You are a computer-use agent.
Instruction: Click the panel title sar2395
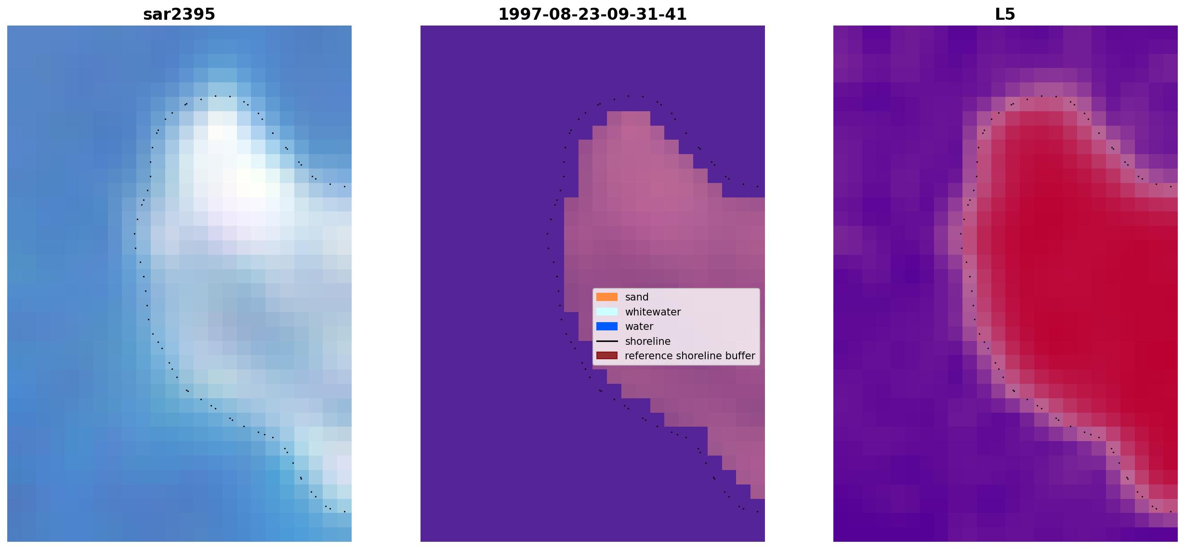(179, 14)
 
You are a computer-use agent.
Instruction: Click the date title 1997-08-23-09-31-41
(592, 14)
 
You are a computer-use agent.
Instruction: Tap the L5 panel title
(1005, 14)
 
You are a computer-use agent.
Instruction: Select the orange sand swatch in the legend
(607, 297)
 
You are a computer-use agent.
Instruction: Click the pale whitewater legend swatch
(607, 312)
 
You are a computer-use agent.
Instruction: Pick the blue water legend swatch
(607, 327)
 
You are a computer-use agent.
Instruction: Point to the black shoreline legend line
(607, 341)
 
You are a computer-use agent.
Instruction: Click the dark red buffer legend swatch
(607, 356)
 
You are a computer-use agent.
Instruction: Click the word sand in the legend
(637, 297)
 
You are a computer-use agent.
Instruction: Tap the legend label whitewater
(653, 312)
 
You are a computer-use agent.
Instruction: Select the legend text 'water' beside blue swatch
(639, 327)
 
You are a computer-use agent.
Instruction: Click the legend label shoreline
(648, 341)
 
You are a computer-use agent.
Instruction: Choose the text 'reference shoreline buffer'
(690, 356)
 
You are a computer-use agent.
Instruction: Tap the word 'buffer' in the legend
(740, 356)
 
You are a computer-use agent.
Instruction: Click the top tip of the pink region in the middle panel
(628, 112)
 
